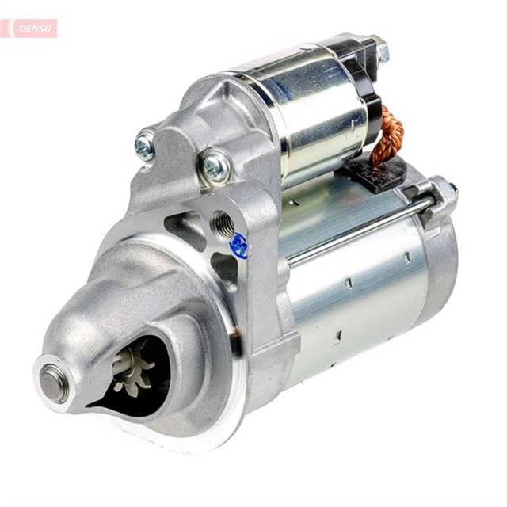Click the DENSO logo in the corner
click(x=29, y=29)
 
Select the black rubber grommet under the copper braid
click(x=372, y=173)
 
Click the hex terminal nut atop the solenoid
click(x=380, y=51)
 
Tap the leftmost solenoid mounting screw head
click(x=145, y=145)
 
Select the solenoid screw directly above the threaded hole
click(x=215, y=166)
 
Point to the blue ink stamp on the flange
click(x=239, y=246)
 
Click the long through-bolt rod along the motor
click(x=356, y=230)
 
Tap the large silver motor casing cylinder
click(x=356, y=301)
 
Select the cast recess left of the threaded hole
click(x=184, y=225)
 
